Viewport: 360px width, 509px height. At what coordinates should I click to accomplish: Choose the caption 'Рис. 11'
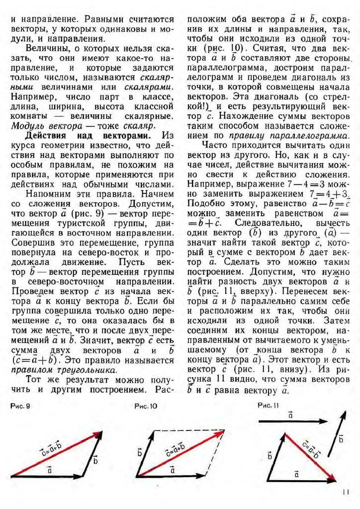pyautogui.click(x=269, y=406)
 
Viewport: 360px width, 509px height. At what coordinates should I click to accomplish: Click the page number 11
pyautogui.click(x=347, y=493)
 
